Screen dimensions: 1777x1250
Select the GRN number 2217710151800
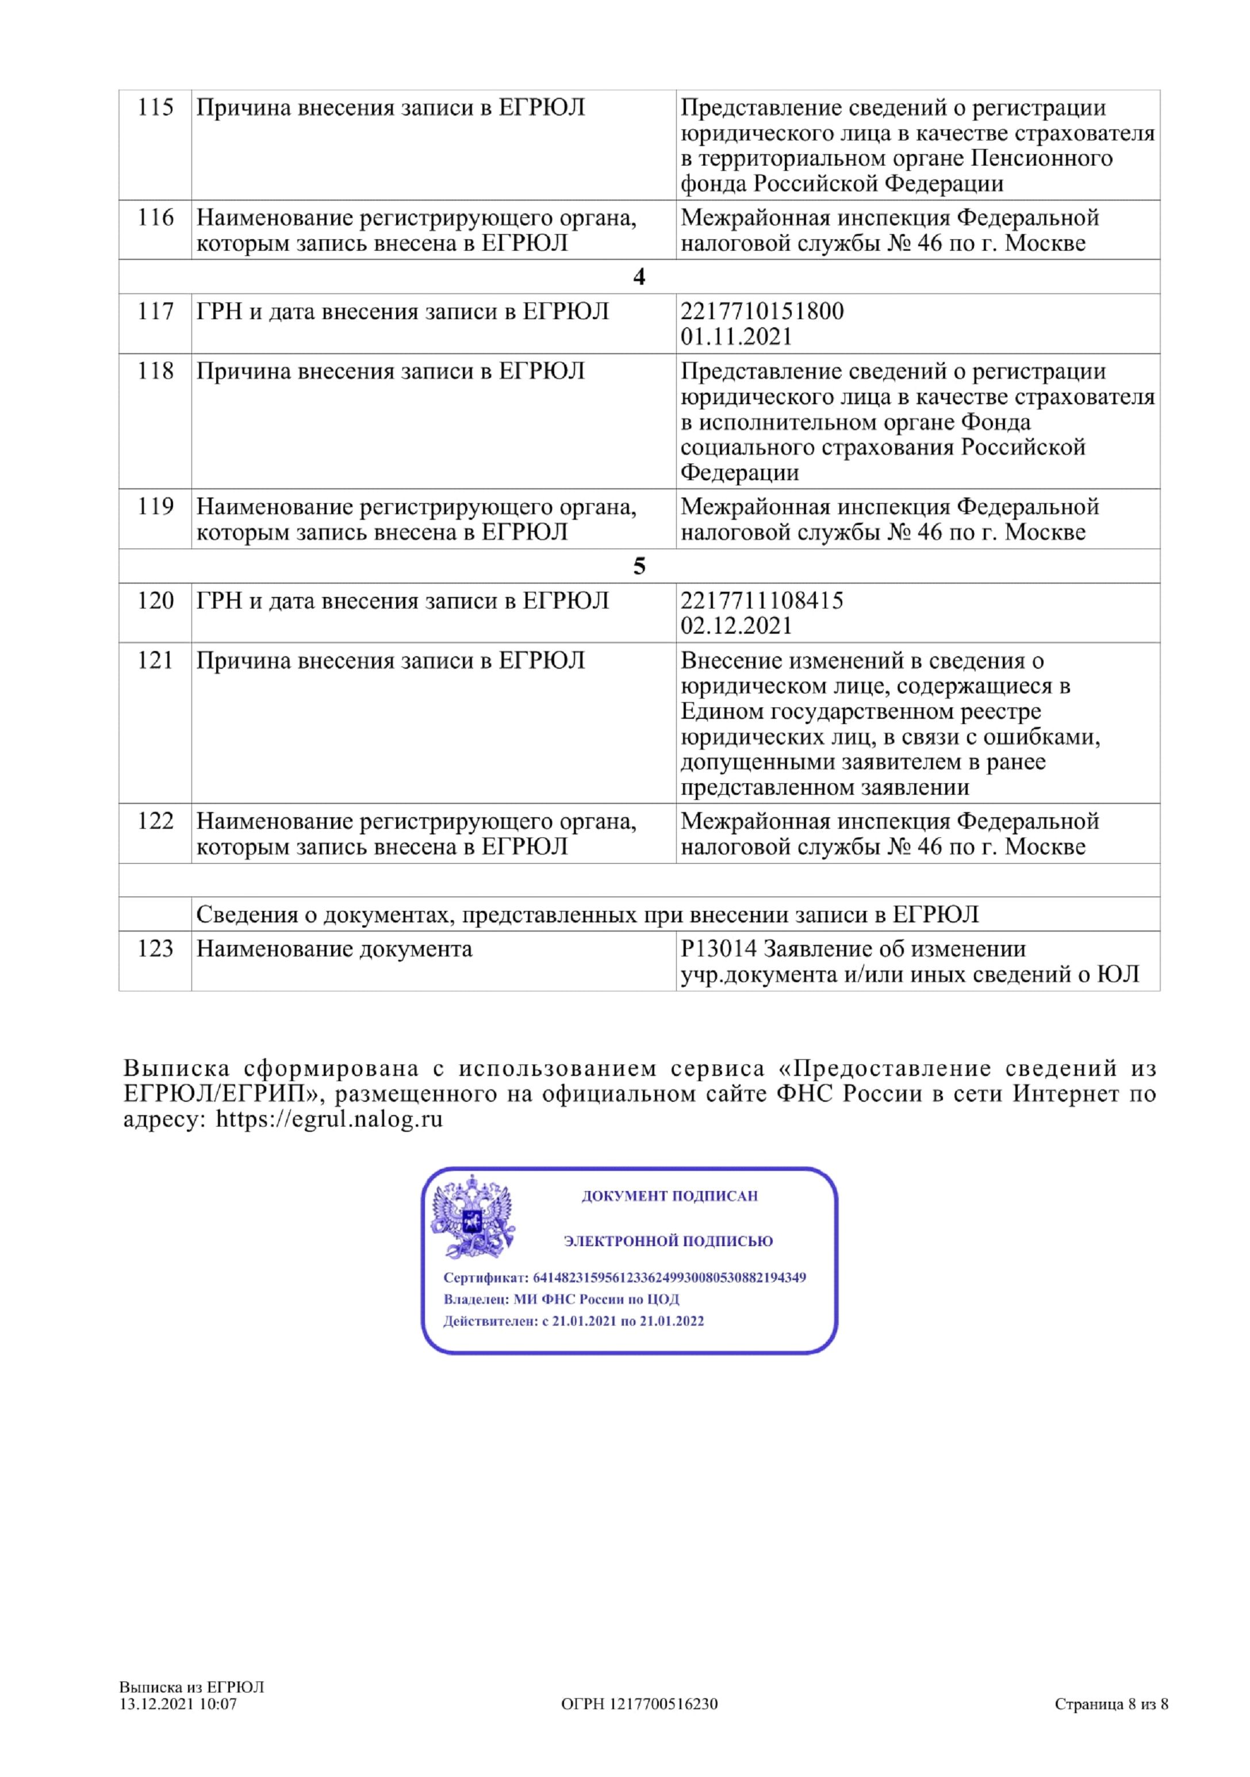click(762, 311)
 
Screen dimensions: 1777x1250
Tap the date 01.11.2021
click(736, 336)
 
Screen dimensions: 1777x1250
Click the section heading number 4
click(639, 277)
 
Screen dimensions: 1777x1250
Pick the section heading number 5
click(639, 566)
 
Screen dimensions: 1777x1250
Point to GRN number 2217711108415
click(762, 600)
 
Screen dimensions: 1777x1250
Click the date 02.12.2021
click(736, 626)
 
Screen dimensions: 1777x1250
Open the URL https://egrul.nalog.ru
click(329, 1119)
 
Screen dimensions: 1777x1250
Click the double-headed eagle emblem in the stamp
click(472, 1217)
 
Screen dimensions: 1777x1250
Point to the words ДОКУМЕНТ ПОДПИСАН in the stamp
click(669, 1196)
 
